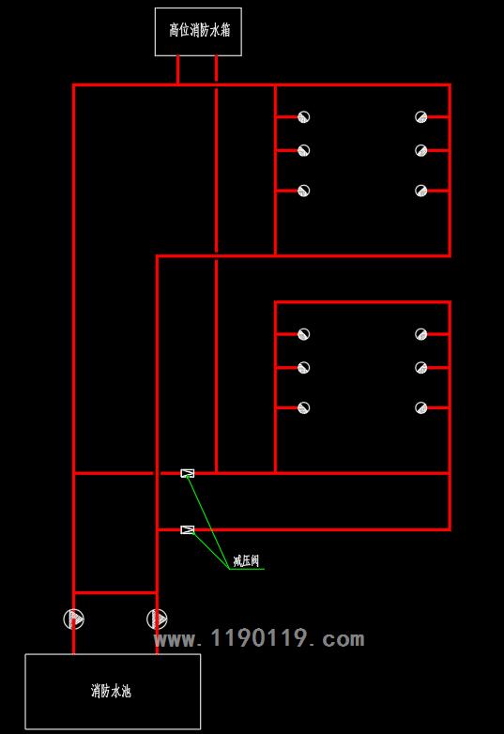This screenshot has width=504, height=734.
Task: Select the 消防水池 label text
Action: coord(111,691)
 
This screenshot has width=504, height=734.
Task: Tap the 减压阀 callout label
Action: coord(246,560)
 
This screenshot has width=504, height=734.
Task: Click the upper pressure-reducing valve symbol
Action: coord(187,473)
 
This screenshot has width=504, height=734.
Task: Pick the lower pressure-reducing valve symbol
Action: coord(187,530)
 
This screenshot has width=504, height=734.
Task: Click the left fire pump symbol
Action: coord(74,619)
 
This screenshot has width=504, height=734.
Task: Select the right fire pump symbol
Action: coord(157,619)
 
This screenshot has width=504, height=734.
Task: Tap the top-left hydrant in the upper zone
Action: coord(304,116)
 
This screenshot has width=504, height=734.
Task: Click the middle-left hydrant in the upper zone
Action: coord(304,150)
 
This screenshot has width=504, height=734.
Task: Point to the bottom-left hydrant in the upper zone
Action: coord(304,191)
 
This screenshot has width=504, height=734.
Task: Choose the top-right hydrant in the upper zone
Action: coord(421,116)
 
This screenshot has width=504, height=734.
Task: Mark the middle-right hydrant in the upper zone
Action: coord(421,150)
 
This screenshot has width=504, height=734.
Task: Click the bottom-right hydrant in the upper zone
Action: coord(421,191)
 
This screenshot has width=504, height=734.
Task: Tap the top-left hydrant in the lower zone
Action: coord(304,334)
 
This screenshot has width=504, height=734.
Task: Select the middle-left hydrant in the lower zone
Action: coord(304,367)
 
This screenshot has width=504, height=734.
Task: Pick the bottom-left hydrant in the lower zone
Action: coord(304,407)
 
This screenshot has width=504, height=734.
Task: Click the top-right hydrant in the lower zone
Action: coord(421,334)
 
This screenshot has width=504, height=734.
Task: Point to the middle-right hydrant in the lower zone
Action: coord(421,367)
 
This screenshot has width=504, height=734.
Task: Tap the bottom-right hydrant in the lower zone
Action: coord(421,407)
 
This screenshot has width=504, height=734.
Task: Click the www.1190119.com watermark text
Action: coord(259,638)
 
